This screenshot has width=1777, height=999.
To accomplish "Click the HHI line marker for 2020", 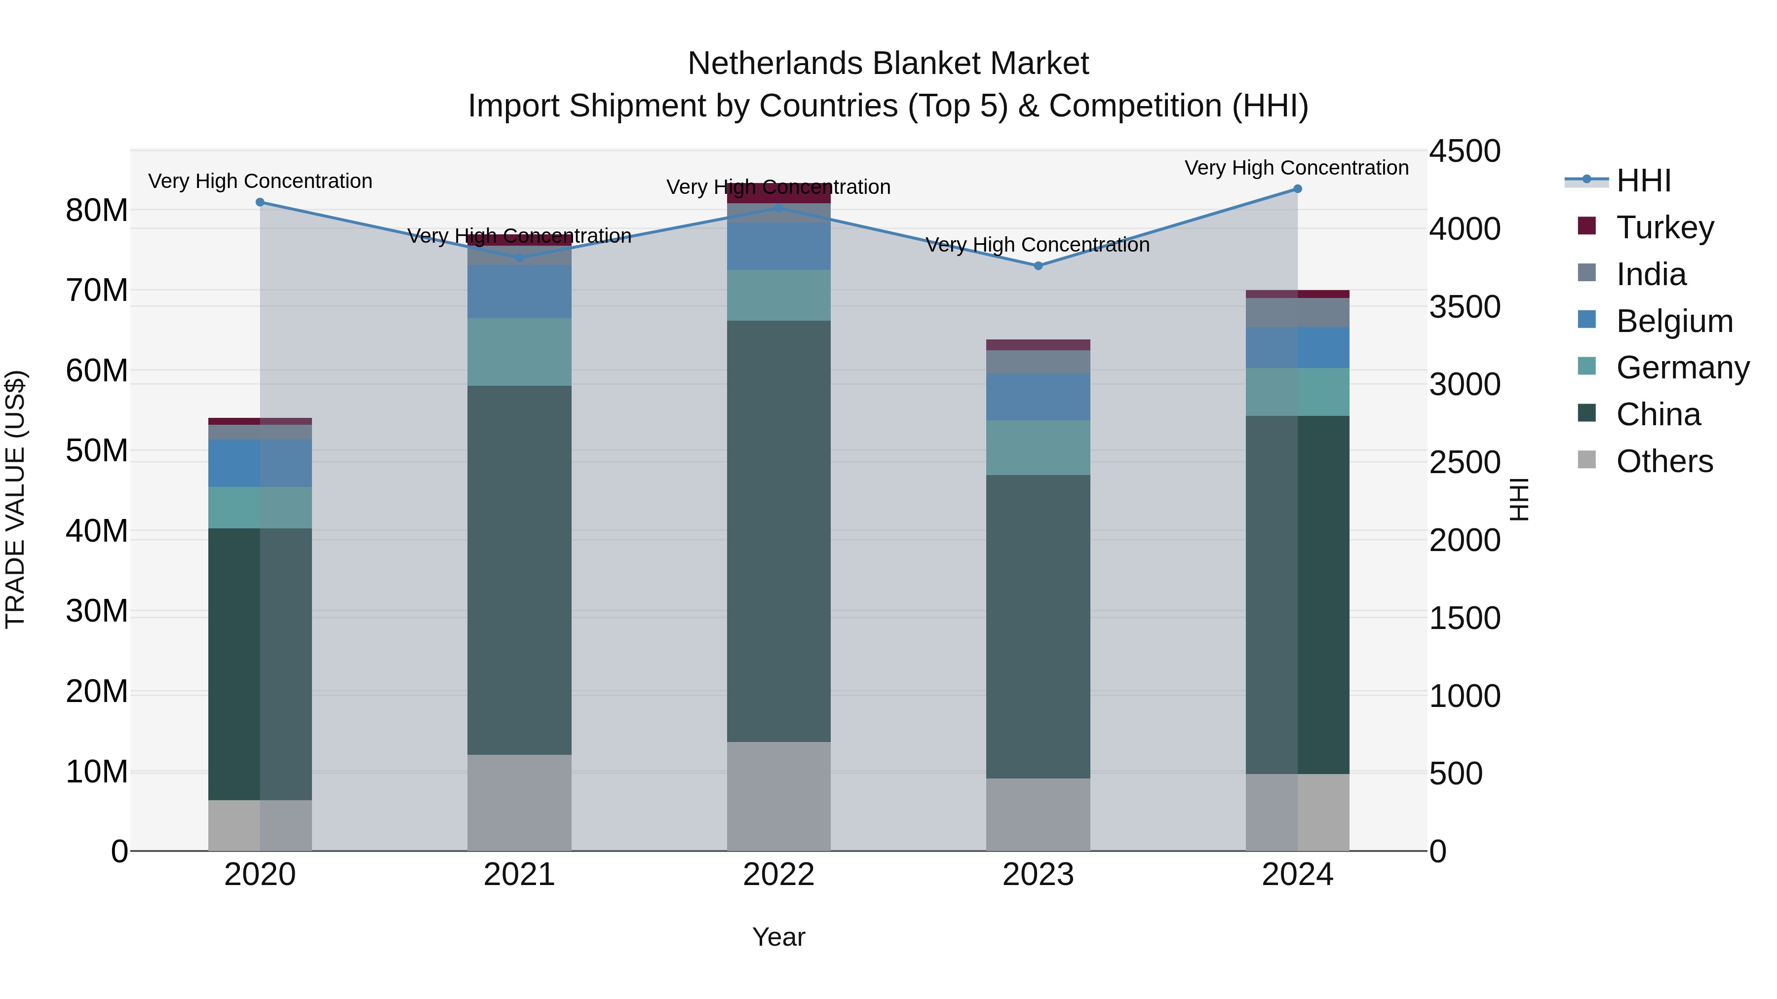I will (260, 202).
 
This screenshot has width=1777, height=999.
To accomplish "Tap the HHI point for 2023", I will (1038, 265).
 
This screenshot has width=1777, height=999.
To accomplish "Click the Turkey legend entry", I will (1664, 227).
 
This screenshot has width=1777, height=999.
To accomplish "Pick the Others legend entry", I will (1664, 461).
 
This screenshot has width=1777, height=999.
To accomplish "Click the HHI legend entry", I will (1643, 181).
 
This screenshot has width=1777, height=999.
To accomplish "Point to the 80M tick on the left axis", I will (97, 210).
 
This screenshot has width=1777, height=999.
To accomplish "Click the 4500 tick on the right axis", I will (1465, 151).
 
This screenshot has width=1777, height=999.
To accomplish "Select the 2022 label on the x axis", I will (779, 875).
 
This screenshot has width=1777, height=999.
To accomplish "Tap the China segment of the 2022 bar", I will (779, 531).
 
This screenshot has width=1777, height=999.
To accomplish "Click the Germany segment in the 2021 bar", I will (519, 352).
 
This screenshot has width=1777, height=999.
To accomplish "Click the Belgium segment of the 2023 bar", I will (1038, 397).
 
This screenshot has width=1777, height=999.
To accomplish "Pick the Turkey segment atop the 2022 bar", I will (779, 193).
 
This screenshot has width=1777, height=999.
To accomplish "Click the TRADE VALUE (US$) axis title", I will (15, 499).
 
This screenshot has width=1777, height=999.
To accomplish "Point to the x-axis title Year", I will (779, 937).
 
